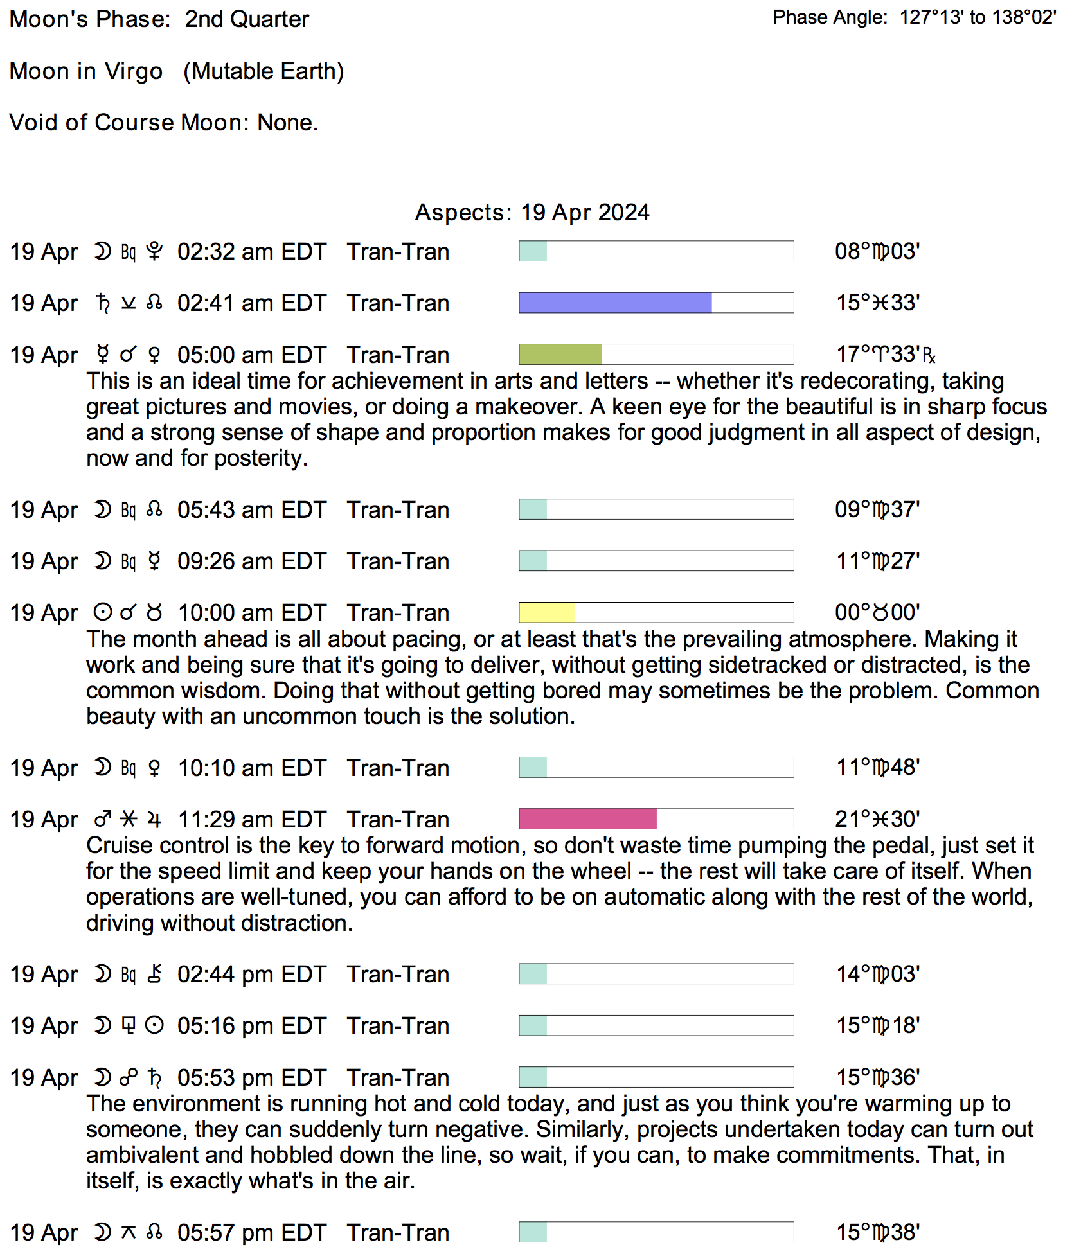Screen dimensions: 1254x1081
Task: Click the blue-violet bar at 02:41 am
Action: pyautogui.click(x=614, y=303)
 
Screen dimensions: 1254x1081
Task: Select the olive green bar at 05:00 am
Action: pyautogui.click(x=560, y=354)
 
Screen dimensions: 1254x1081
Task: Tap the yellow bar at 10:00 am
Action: pyautogui.click(x=546, y=612)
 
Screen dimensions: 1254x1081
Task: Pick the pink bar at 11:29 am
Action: pyautogui.click(x=587, y=819)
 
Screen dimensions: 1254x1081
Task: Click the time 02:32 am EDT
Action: pyautogui.click(x=251, y=252)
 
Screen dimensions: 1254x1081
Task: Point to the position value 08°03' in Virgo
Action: pyautogui.click(x=877, y=251)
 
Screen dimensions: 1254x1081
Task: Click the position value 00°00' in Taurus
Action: pyautogui.click(x=877, y=612)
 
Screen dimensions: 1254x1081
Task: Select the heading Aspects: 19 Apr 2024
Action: pyautogui.click(x=532, y=213)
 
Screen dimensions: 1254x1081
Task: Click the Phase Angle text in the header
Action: pyautogui.click(x=914, y=17)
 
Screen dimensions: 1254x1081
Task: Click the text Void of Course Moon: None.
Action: pyautogui.click(x=163, y=123)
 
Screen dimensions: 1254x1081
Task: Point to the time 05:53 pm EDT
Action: pyautogui.click(x=251, y=1078)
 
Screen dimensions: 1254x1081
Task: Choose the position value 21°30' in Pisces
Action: pyautogui.click(x=877, y=819)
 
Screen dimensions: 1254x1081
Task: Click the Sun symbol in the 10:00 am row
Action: pyautogui.click(x=102, y=612)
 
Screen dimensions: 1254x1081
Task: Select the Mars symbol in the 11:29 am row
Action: pyautogui.click(x=102, y=820)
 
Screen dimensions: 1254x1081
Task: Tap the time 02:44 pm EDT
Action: pyautogui.click(x=251, y=975)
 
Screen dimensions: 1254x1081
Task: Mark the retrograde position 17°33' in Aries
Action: pyautogui.click(x=884, y=354)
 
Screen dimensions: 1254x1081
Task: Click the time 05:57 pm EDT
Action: pyautogui.click(x=251, y=1233)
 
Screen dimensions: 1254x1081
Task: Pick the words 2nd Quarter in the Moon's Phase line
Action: pyautogui.click(x=247, y=19)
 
